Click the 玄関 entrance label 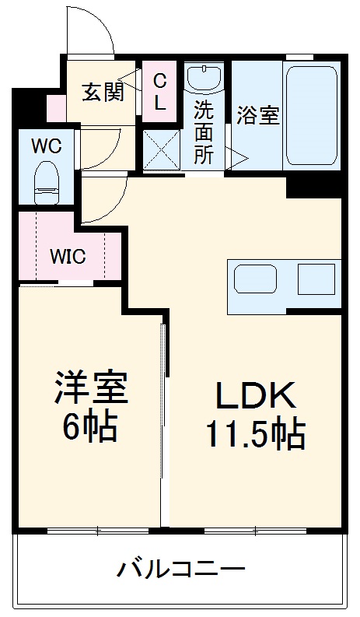103,92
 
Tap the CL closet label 159,92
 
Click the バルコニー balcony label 181,569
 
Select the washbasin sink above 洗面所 206,79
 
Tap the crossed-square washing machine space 163,149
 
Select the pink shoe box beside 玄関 55,108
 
